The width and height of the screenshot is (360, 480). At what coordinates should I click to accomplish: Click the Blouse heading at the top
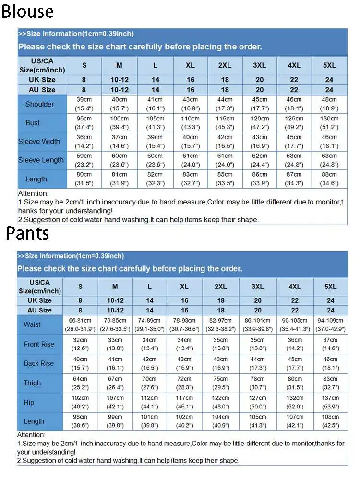click(x=27, y=11)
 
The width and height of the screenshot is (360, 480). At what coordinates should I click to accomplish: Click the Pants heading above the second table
click(x=27, y=233)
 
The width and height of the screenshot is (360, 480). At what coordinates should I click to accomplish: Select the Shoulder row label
click(x=39, y=104)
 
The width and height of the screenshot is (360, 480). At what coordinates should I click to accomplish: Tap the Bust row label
click(x=33, y=123)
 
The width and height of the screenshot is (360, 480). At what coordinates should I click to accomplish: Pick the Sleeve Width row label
click(x=39, y=142)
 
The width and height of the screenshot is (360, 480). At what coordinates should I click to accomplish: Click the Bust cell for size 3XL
click(x=260, y=123)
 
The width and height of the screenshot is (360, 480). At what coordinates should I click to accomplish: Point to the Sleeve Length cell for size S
click(x=84, y=160)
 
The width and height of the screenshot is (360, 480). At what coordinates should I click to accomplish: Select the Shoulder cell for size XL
click(x=191, y=104)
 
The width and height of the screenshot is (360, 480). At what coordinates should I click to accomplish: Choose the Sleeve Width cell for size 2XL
click(x=225, y=142)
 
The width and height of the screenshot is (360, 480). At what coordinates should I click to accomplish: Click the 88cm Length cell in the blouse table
click(x=329, y=179)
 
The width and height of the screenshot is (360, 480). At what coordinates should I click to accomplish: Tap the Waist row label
click(x=32, y=324)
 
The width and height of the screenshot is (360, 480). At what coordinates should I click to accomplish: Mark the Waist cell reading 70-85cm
click(x=115, y=324)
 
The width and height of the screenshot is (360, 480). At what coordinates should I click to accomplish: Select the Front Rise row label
click(x=39, y=344)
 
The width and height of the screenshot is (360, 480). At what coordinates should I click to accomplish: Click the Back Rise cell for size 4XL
click(x=295, y=364)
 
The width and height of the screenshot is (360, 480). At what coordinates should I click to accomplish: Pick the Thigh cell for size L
click(x=149, y=383)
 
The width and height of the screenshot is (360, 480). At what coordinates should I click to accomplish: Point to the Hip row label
click(x=29, y=403)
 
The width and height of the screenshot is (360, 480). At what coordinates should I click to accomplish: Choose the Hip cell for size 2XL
click(x=221, y=403)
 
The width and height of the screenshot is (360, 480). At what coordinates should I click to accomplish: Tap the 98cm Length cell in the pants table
click(x=80, y=421)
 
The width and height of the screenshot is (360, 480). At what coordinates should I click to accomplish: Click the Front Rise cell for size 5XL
click(x=330, y=344)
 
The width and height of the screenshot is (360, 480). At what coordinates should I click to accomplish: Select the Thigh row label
click(x=32, y=383)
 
